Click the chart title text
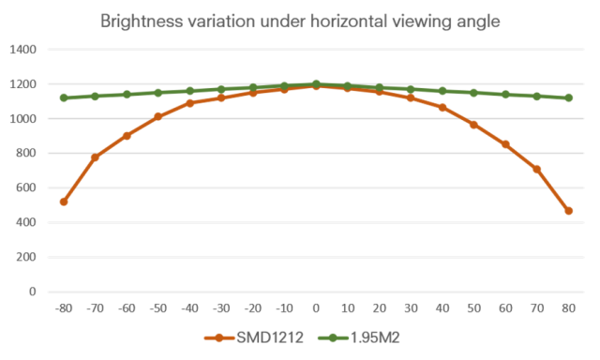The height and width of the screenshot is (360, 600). (300, 22)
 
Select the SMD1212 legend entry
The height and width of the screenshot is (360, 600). (254, 337)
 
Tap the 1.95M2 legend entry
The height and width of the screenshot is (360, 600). (359, 337)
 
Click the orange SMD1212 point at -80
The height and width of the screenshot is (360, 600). (64, 202)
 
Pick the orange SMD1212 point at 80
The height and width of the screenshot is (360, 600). (569, 211)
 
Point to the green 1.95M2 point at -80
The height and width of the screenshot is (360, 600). (64, 97)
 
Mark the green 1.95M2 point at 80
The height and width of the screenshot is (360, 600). (569, 97)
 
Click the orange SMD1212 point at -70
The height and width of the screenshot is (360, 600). (96, 157)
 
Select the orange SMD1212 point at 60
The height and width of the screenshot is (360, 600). (505, 144)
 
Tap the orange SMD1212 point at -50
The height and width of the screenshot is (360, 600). (158, 116)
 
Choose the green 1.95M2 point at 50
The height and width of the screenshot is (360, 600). (474, 93)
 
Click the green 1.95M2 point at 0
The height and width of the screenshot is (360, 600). (316, 83)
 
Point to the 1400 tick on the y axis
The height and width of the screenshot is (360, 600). (22, 50)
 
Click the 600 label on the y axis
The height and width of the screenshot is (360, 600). (26, 187)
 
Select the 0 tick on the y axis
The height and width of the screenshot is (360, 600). (33, 292)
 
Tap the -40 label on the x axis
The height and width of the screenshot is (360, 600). (189, 308)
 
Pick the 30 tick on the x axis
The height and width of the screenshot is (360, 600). (411, 308)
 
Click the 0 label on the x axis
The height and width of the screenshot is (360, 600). (316, 308)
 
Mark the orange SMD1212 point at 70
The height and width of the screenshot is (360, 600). (537, 169)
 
